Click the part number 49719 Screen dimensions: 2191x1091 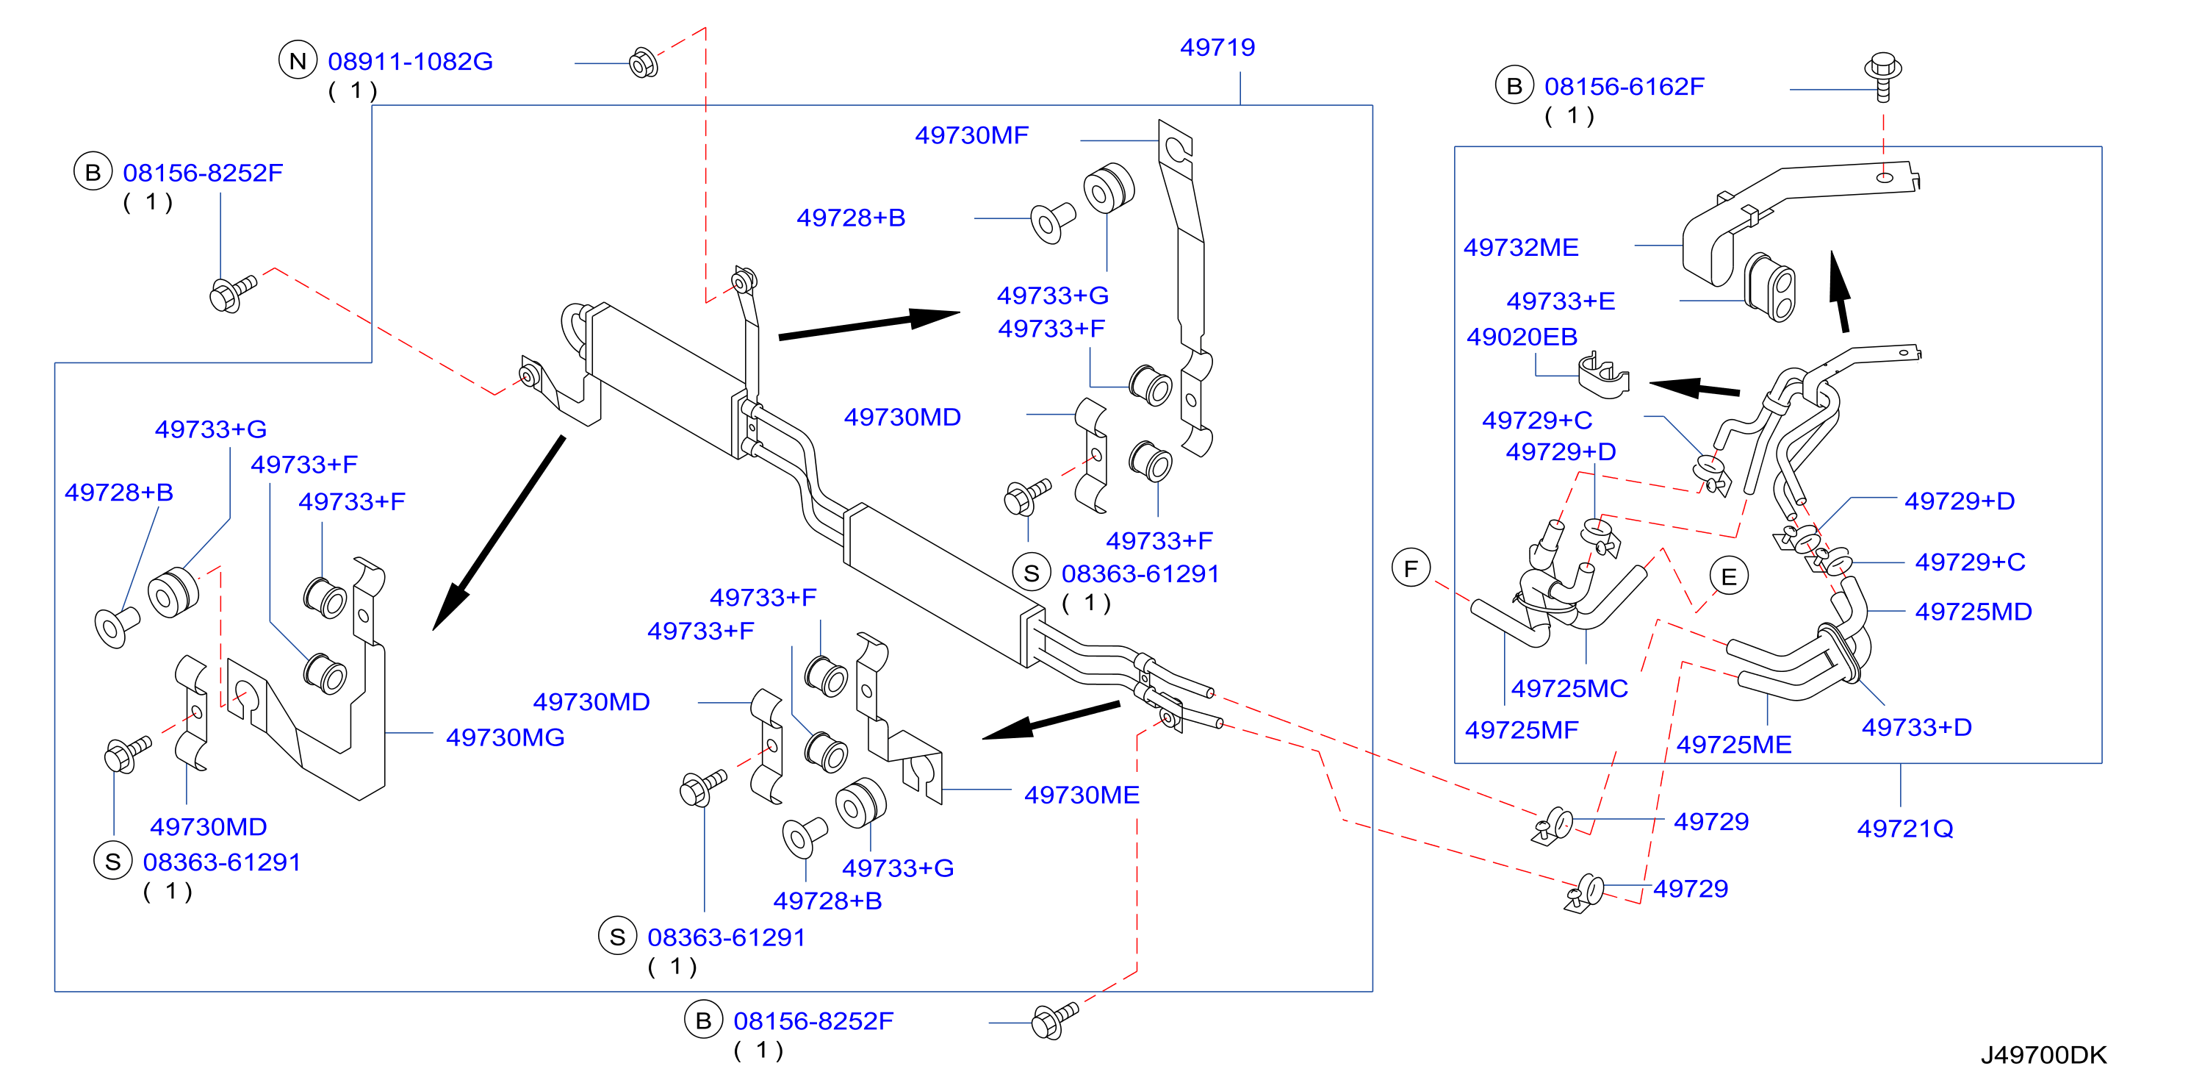click(1217, 48)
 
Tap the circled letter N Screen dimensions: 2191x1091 click(298, 61)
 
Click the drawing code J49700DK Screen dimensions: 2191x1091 click(2043, 1055)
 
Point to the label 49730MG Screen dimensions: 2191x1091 click(506, 738)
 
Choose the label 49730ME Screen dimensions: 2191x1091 click(1081, 795)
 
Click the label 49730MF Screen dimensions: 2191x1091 click(971, 135)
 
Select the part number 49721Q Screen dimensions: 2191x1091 click(1904, 829)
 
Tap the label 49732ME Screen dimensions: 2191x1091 click(1521, 248)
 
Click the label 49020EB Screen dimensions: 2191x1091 click(1522, 337)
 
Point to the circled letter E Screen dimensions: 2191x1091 click(1728, 577)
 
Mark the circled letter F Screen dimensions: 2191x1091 click(1411, 568)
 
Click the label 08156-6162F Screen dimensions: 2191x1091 click(1624, 87)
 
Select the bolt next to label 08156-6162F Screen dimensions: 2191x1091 click(1883, 76)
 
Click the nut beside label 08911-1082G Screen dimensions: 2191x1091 click(643, 62)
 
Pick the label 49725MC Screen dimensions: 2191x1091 click(1569, 688)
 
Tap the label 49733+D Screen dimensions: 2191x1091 click(1916, 728)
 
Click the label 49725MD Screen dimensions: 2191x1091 click(1974, 612)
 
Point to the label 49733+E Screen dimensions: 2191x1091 click(1560, 301)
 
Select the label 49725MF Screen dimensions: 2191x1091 click(1521, 730)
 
